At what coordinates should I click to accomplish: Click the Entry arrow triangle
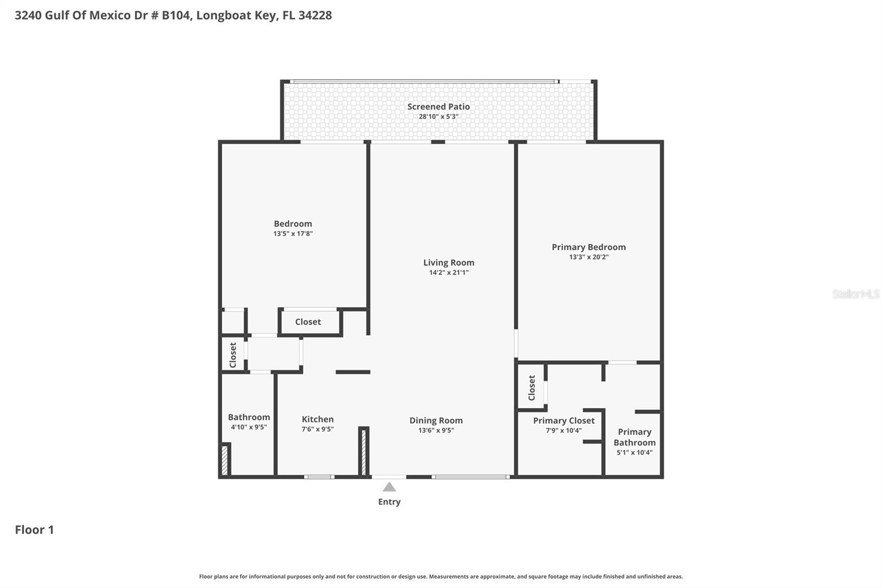coord(389,487)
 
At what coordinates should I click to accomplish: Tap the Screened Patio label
coord(438,106)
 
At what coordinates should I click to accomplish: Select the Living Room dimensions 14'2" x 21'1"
coord(449,272)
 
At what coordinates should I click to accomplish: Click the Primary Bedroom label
coord(588,247)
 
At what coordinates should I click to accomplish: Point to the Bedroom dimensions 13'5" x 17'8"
coord(293,234)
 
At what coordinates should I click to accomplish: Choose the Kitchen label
coord(318,419)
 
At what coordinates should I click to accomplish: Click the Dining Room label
coord(435,420)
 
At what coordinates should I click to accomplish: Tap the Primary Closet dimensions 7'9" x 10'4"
coord(563,431)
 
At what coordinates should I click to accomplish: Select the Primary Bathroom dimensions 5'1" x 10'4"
coord(634,453)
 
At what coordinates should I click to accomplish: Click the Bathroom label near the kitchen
coord(249,417)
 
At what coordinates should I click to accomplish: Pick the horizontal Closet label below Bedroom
coord(308,322)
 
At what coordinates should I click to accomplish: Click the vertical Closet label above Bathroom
coord(233,355)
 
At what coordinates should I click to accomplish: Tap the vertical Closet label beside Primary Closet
coord(531,388)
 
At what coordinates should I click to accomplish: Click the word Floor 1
coord(34,530)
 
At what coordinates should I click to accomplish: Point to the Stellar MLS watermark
coord(856,294)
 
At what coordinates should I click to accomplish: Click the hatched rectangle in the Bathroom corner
coord(224,460)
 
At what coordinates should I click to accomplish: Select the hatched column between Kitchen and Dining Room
coord(363,452)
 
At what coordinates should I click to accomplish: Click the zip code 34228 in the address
coord(315,15)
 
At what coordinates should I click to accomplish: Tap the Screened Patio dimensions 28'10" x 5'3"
coord(438,117)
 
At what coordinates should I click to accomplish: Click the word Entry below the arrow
coord(389,502)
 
